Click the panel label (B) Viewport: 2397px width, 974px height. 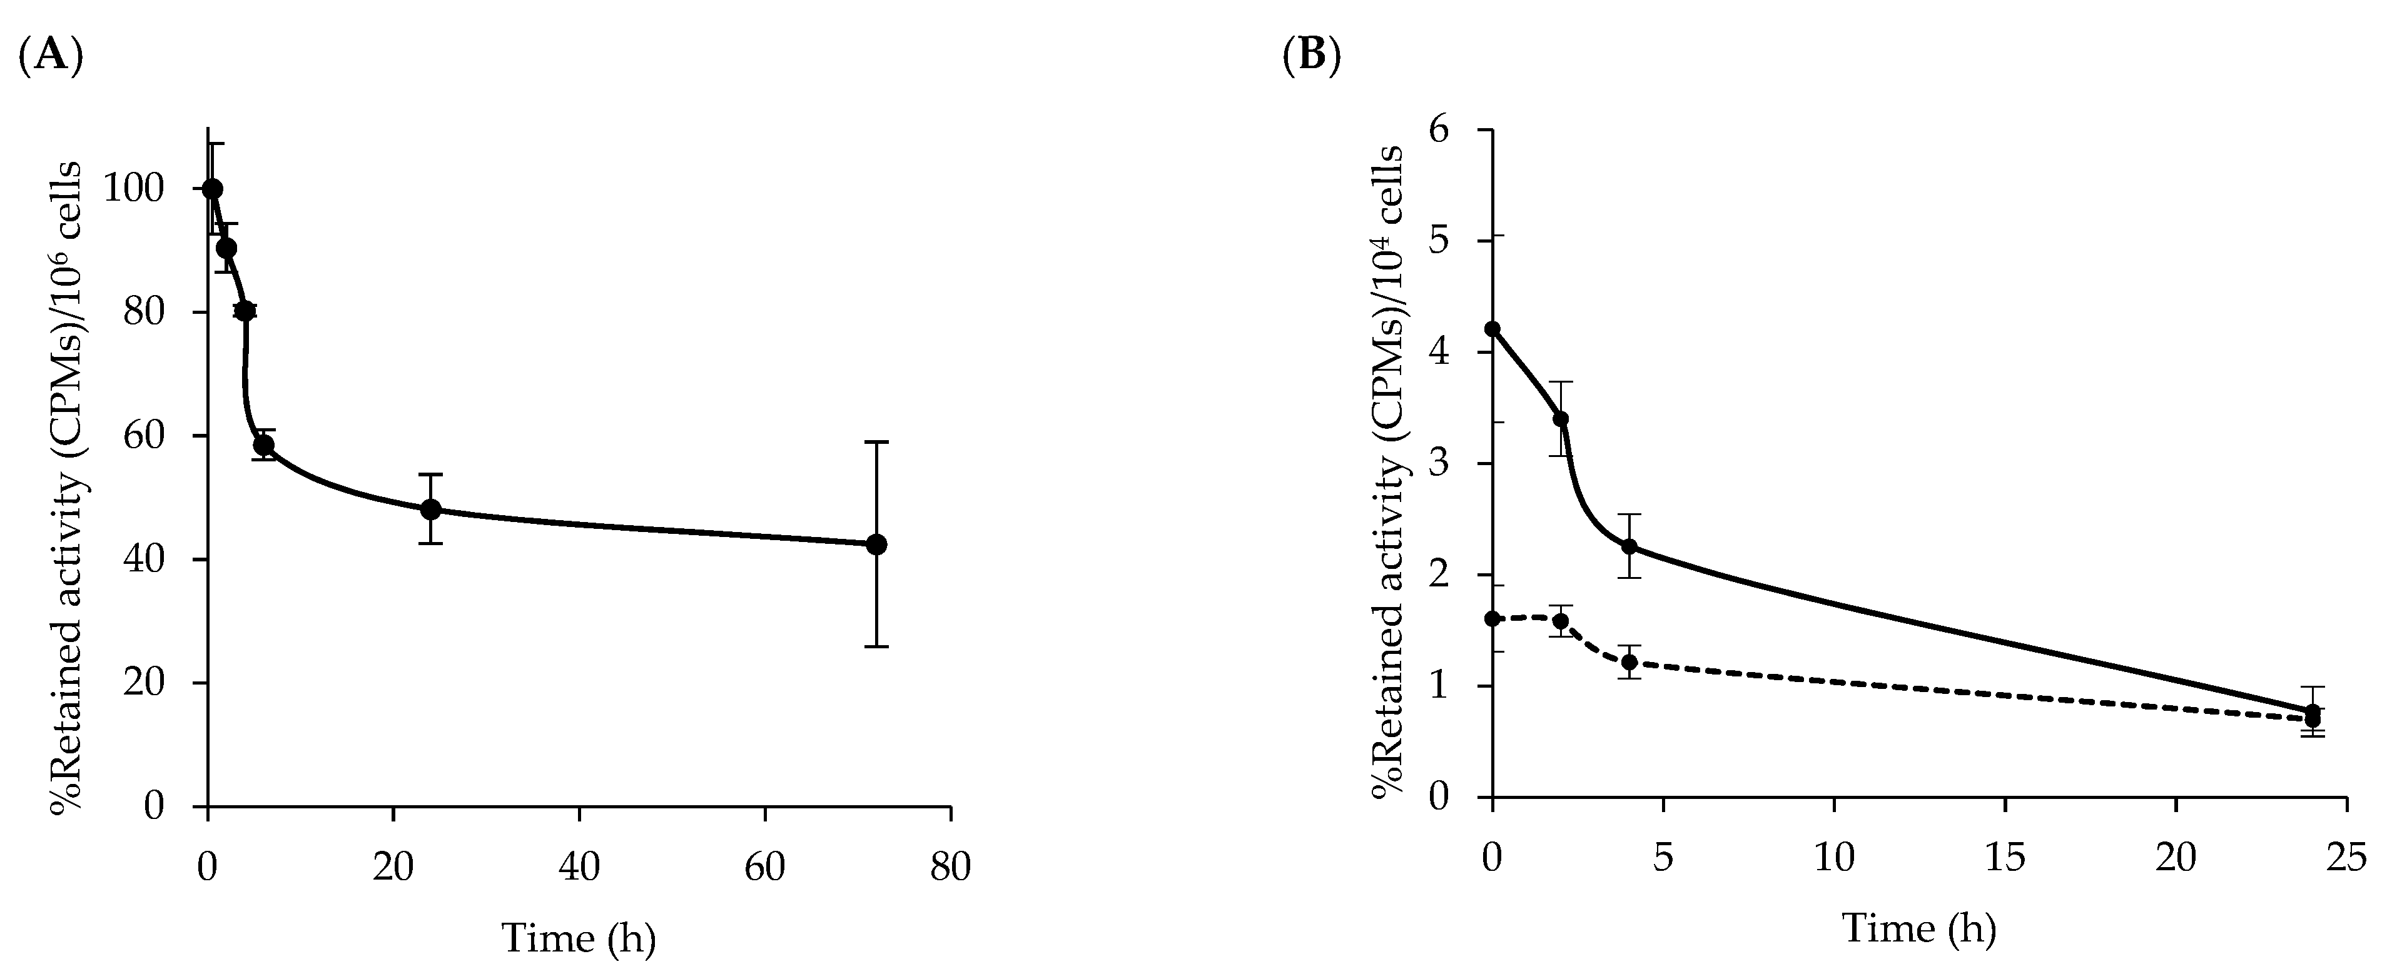[1311, 57]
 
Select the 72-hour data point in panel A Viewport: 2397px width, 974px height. [876, 545]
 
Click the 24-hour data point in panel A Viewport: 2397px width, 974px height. [430, 510]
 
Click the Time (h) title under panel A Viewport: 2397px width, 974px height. [579, 938]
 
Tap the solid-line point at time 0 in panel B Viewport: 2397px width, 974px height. [1492, 328]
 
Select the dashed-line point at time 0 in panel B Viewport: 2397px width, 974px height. [1492, 619]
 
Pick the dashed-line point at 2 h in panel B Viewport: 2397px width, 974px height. [1561, 621]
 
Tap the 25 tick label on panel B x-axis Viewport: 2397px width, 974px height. [2345, 858]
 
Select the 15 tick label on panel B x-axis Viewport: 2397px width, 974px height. [2004, 858]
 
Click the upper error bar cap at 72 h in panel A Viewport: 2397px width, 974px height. [876, 442]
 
